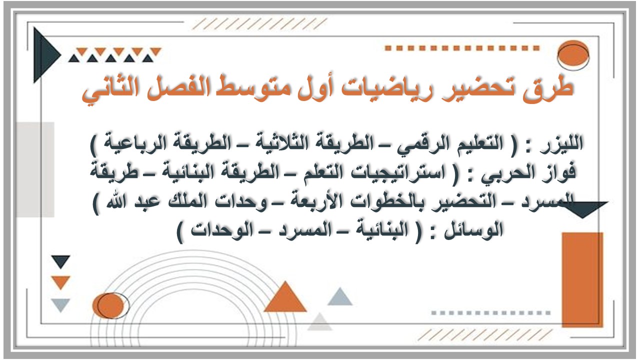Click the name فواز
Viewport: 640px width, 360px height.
560,174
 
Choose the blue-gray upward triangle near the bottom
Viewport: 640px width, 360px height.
340,297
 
